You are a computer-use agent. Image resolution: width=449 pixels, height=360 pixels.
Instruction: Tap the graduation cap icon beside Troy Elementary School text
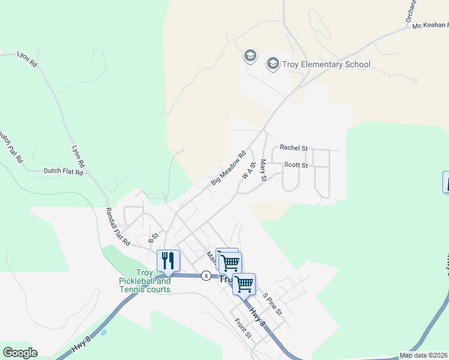(273, 64)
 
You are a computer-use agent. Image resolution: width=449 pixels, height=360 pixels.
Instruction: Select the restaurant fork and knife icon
(168, 260)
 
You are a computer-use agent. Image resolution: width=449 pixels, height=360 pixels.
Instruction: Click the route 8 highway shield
(206, 276)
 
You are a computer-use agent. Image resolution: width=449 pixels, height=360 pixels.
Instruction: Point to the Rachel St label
(294, 148)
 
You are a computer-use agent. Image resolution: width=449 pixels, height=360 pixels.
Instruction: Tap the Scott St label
(295, 165)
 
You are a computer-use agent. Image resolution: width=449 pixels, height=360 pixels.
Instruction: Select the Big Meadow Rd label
(229, 167)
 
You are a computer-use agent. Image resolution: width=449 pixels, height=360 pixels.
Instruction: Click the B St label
(154, 238)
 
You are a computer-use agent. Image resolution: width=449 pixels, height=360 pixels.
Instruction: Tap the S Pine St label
(271, 304)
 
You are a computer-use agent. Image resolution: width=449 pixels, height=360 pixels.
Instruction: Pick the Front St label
(243, 328)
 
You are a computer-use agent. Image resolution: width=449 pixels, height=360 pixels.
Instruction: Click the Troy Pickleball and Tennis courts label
(145, 281)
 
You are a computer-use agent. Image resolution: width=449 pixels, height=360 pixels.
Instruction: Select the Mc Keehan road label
(430, 25)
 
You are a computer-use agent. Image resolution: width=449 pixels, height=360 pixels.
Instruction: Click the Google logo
(20, 353)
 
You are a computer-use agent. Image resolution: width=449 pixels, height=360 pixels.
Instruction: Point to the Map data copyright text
(424, 355)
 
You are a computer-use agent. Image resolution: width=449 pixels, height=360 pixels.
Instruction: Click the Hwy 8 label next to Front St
(258, 317)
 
